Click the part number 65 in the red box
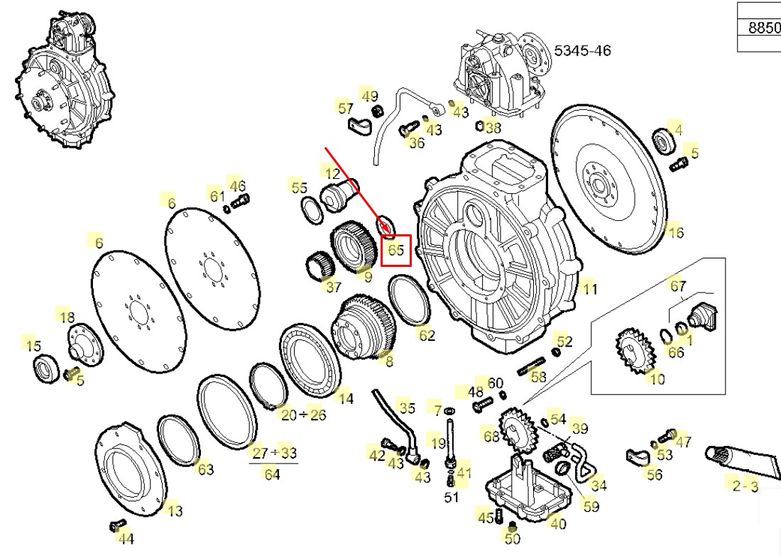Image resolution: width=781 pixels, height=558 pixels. (x=396, y=250)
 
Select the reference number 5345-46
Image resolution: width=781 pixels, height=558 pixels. (x=582, y=50)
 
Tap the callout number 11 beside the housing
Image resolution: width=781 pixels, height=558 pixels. (x=589, y=288)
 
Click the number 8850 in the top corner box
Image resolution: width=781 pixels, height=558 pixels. (x=764, y=28)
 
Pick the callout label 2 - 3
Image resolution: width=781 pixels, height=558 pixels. (x=745, y=486)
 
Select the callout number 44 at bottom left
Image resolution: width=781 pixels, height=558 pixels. (x=126, y=539)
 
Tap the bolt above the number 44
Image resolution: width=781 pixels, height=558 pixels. (x=114, y=525)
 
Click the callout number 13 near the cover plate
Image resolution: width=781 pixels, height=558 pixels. (x=174, y=510)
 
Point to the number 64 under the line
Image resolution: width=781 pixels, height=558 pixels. (x=273, y=474)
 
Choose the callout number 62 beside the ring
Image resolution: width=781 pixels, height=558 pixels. (x=426, y=334)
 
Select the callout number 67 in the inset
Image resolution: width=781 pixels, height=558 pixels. (x=678, y=286)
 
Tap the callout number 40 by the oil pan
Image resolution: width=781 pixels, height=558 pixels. (x=558, y=524)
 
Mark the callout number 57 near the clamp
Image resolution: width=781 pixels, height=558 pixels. (x=345, y=108)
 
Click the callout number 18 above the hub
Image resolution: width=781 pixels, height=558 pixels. (x=66, y=317)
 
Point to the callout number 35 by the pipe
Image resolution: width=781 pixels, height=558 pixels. (x=407, y=407)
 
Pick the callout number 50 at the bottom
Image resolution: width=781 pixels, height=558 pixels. (x=512, y=538)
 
